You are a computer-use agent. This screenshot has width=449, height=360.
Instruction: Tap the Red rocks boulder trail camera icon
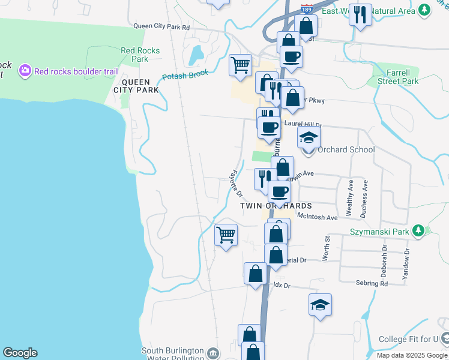coord(25,71)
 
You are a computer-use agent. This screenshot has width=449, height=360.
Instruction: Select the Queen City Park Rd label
coord(161,26)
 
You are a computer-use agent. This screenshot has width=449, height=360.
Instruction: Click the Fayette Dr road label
coord(235,182)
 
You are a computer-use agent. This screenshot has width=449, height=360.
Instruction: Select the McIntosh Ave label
coord(318,217)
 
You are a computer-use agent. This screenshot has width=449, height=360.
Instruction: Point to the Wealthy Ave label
coord(349,199)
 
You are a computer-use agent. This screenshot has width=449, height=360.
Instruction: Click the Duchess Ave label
coord(364,199)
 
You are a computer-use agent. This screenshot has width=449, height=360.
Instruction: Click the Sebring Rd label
coord(371,283)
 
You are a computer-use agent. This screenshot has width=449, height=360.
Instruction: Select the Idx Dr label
coord(282,286)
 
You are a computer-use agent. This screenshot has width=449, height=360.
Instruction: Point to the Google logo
coord(20,353)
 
